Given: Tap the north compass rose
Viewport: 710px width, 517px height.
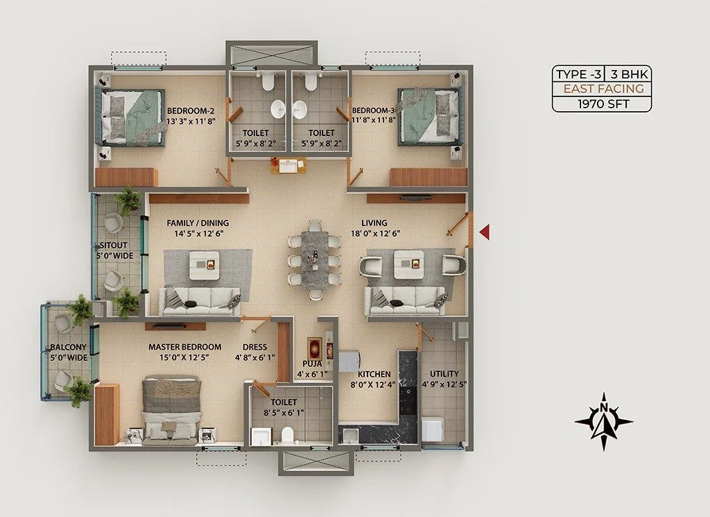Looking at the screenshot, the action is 604,421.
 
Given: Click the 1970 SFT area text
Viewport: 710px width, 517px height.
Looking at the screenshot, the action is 603,104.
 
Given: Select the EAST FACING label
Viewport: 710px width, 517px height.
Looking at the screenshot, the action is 604,88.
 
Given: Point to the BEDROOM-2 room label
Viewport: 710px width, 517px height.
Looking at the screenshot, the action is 191,110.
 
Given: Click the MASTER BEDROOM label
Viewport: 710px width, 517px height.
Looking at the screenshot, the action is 184,347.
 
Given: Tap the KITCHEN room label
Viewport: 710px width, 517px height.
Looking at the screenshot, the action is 374,374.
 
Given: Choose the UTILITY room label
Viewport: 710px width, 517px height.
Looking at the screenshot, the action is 444,374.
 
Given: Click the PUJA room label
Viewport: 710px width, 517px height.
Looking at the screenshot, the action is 312,364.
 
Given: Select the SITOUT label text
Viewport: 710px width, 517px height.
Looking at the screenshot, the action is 114,246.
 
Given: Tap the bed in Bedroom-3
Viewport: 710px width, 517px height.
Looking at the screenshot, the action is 430,116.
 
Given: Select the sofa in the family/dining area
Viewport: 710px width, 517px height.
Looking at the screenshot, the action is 200,302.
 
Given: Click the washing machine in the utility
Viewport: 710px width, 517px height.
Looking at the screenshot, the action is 433,429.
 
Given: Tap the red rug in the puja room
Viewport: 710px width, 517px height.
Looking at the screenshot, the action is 314,348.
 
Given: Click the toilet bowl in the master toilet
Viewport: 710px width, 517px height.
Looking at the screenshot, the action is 288,434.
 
